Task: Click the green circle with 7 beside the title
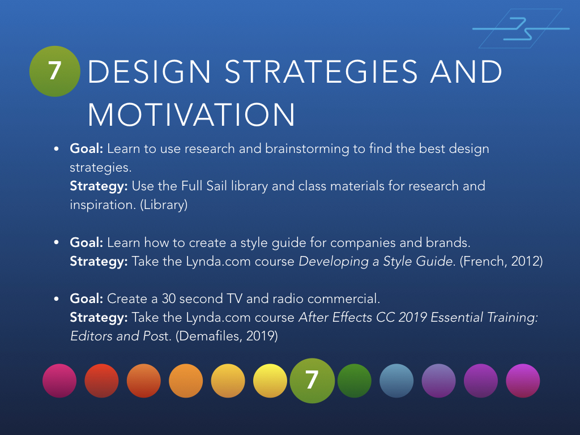tap(54, 71)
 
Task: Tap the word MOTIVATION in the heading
tap(191, 116)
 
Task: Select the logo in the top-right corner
tap(520, 28)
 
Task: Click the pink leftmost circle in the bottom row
tap(59, 381)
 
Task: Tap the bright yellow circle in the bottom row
tap(270, 381)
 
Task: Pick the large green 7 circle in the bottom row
tap(312, 381)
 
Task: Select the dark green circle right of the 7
tap(354, 381)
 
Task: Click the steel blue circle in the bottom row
tap(396, 381)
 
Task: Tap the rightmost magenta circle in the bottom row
tap(523, 381)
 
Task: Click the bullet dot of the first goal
tap(57, 149)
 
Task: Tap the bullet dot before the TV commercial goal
tap(57, 298)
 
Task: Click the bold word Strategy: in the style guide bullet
tap(99, 261)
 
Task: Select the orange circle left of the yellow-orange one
tap(186, 381)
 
